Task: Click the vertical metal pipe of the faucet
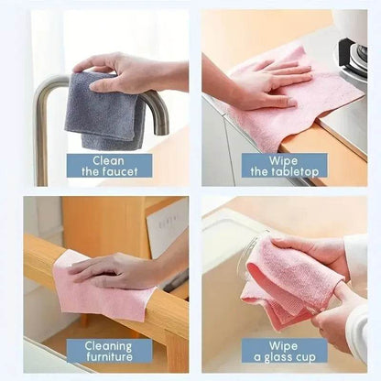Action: [x=42, y=137]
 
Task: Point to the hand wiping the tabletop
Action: [x=256, y=87]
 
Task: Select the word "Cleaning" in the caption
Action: [x=108, y=345]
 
